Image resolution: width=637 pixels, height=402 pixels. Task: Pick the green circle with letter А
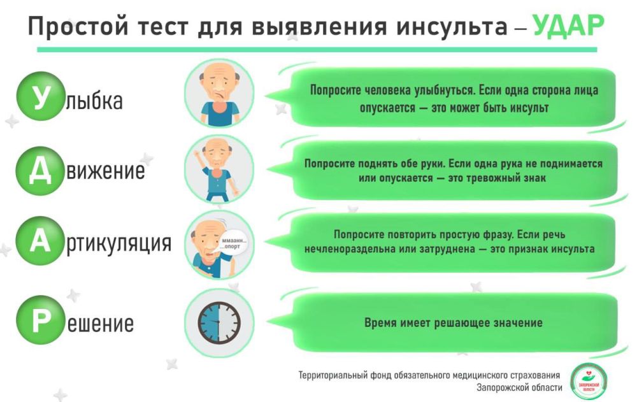(41, 242)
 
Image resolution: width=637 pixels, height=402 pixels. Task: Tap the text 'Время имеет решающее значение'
(453, 322)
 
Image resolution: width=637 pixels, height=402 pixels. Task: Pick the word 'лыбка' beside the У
(94, 101)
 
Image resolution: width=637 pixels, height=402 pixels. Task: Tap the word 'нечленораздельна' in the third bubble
(348, 249)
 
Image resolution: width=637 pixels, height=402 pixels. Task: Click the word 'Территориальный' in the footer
(333, 375)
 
